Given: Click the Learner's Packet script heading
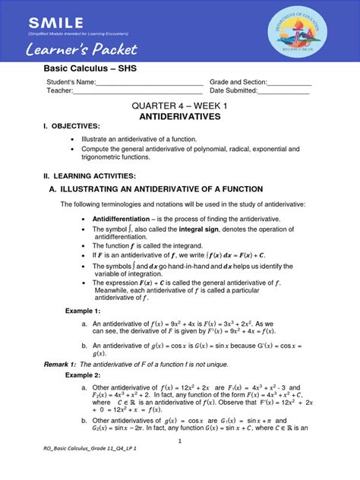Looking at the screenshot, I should (x=81, y=50).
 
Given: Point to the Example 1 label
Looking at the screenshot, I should (x=82, y=311).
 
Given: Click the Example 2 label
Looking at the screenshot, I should (x=82, y=375).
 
